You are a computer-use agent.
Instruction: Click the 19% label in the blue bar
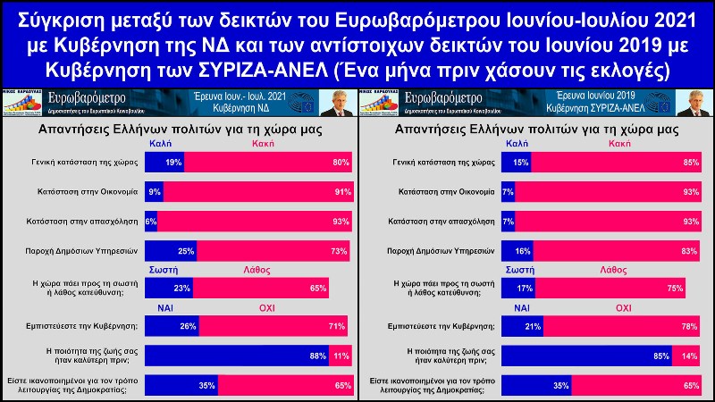173,162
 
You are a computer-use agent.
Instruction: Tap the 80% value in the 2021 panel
339,162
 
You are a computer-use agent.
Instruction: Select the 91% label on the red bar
339,191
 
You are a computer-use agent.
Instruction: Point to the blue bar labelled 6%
150,221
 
